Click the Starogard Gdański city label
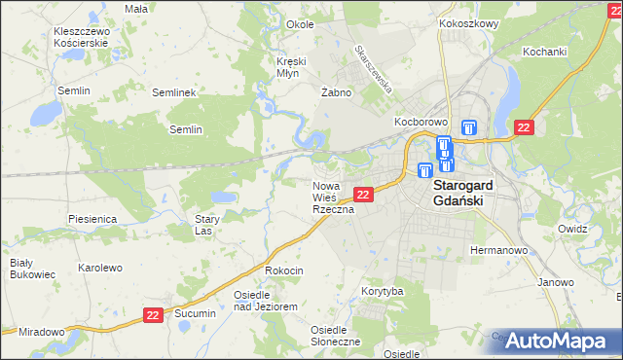point(465,192)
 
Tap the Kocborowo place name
point(420,123)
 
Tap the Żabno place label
point(335,92)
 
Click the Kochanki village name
point(544,51)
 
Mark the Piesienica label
point(92,220)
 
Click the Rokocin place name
point(284,270)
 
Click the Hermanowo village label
point(498,250)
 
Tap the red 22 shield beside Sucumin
point(153,314)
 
